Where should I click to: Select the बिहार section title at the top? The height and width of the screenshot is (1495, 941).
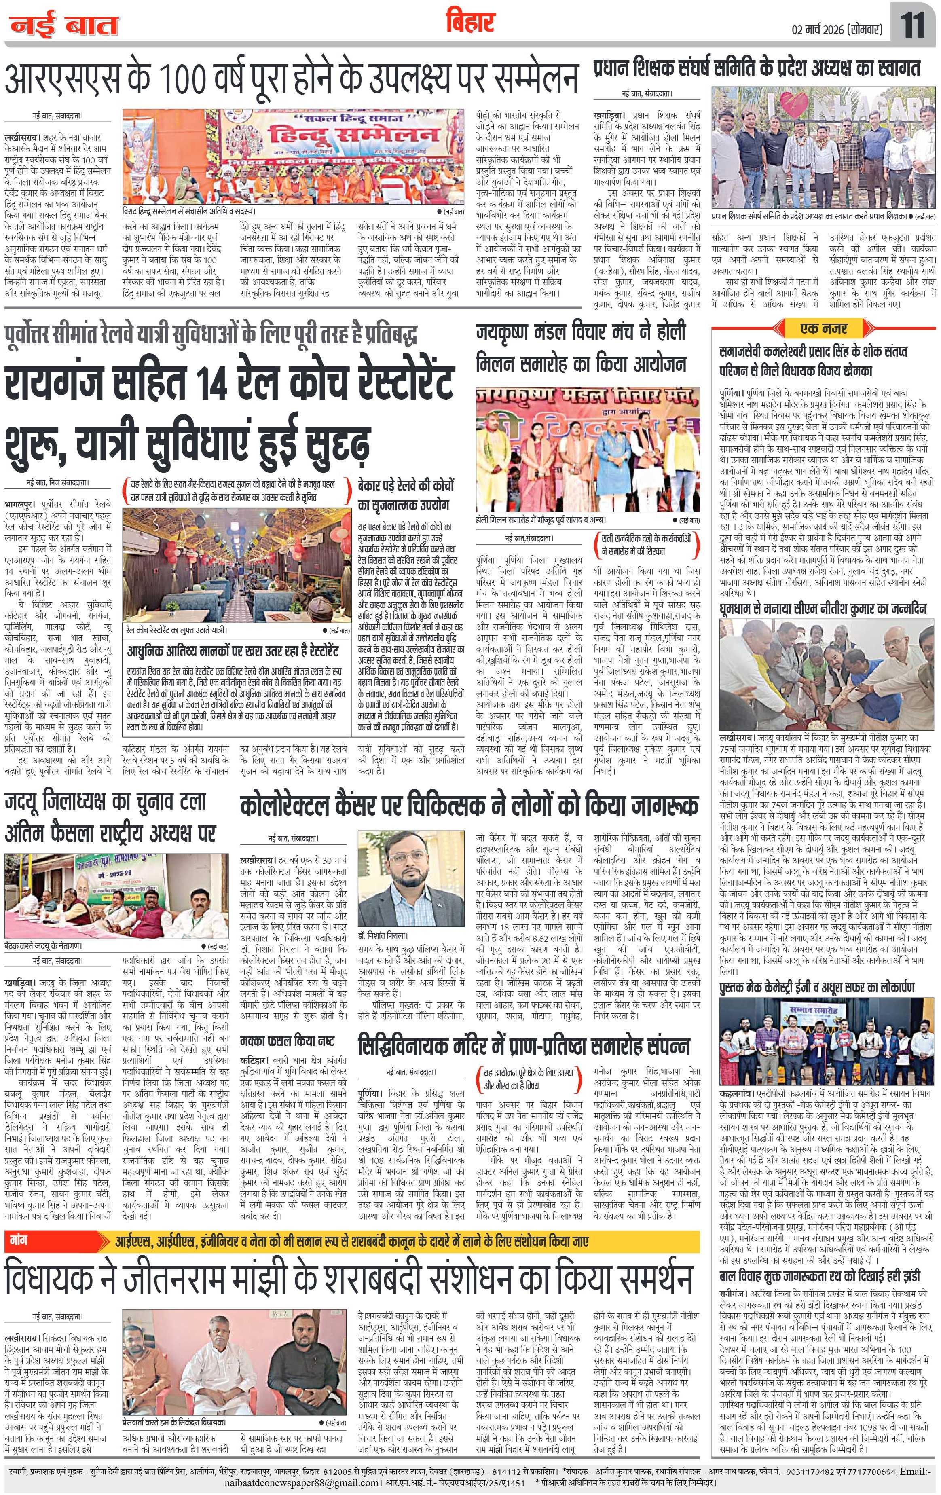(x=470, y=23)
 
